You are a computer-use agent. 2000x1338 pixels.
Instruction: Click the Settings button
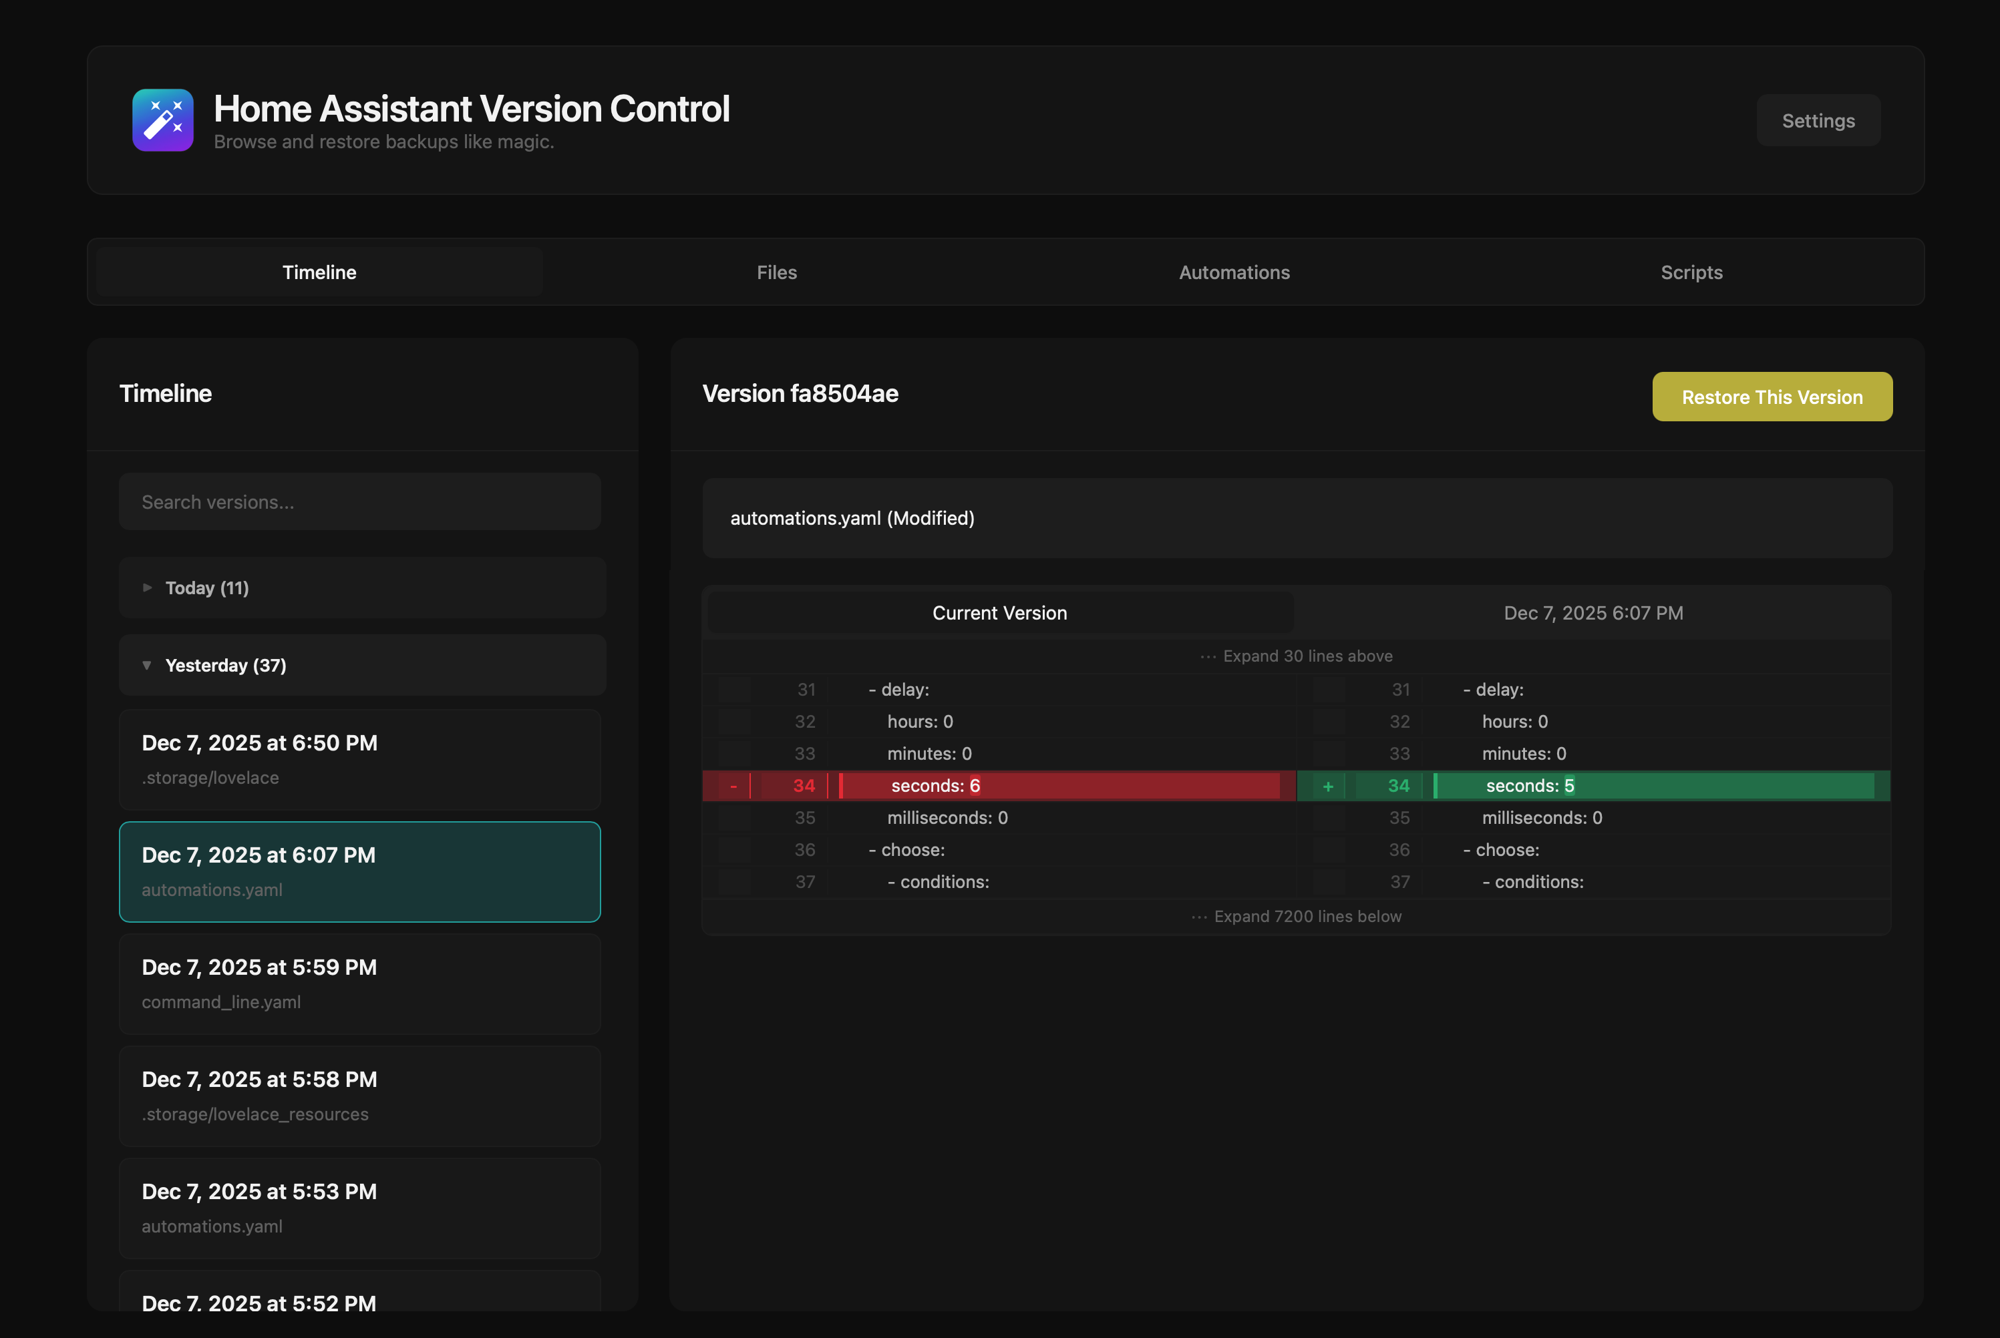1818,120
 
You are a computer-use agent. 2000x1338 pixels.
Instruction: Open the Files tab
776,272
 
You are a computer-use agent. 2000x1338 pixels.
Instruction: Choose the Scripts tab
1691,272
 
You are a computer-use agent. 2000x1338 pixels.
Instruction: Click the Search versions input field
359,502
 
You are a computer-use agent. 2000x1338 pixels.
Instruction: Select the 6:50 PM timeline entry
359,759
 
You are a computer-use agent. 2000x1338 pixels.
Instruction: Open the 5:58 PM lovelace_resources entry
359,1096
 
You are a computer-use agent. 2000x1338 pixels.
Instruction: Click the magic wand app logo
162,120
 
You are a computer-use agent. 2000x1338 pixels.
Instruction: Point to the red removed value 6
974,786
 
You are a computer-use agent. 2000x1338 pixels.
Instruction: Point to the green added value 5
1569,786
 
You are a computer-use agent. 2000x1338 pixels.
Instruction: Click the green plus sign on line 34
1327,786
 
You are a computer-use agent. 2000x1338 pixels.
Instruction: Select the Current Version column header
999,613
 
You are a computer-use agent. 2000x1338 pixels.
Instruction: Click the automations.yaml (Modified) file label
852,518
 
